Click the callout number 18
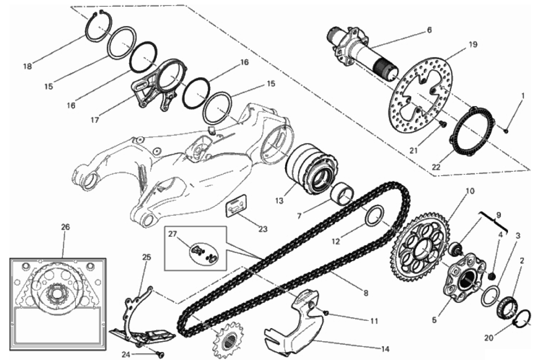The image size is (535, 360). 28,67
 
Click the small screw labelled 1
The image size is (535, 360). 506,131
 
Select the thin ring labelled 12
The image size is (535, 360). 374,216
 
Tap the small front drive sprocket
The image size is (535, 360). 228,339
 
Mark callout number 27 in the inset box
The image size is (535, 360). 173,234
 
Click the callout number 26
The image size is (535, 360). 66,227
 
